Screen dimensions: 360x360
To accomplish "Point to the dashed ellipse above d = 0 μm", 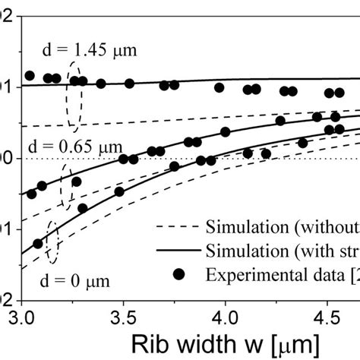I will point(52,241).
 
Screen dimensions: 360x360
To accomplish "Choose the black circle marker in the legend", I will point(179,273).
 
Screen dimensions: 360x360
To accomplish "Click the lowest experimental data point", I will point(38,243).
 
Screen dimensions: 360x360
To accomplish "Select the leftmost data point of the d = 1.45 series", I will point(30,75).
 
